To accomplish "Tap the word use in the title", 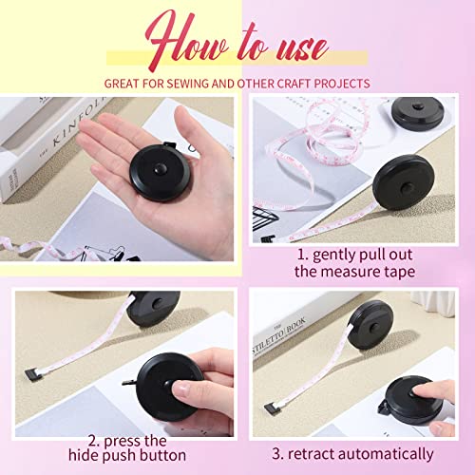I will [x=294, y=46].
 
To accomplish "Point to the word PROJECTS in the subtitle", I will [x=339, y=84].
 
